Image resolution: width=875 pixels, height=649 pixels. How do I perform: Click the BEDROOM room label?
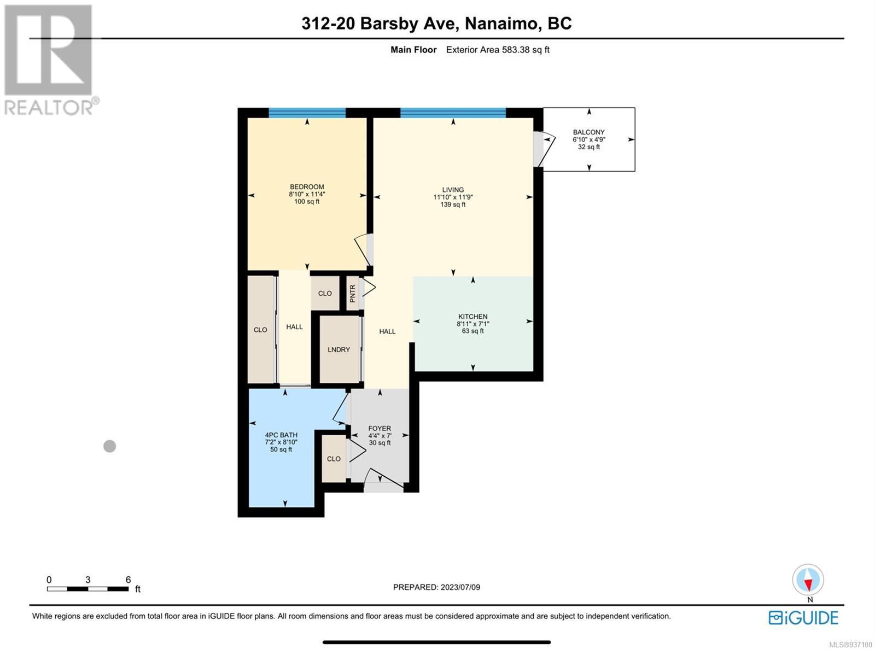(x=307, y=186)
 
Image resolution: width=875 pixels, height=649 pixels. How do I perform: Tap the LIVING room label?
(x=453, y=190)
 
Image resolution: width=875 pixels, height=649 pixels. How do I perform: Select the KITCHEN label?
(x=472, y=317)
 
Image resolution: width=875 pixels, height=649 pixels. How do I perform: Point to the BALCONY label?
(x=588, y=132)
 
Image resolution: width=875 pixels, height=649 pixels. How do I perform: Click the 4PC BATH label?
(x=281, y=435)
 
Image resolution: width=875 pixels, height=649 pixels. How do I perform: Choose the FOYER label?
(x=380, y=429)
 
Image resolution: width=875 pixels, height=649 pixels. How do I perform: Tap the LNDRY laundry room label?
(x=339, y=349)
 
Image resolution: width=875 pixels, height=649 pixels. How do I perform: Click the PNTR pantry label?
(x=352, y=294)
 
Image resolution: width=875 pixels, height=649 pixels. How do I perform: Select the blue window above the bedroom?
(x=307, y=113)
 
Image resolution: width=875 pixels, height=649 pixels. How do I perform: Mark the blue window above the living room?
(x=453, y=113)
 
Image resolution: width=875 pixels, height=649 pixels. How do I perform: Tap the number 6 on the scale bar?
(x=128, y=580)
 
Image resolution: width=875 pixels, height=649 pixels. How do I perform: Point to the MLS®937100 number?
(x=850, y=645)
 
